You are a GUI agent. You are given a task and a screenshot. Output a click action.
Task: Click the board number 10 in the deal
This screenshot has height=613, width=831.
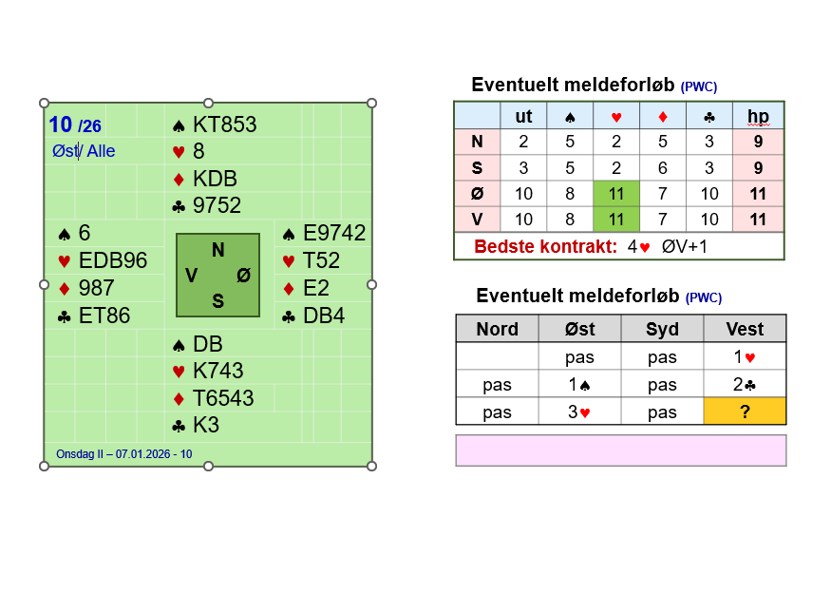coord(61,125)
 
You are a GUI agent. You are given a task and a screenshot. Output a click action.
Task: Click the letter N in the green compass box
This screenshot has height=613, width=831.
coord(218,251)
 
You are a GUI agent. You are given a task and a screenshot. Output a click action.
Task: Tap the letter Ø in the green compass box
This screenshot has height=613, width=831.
coord(244,276)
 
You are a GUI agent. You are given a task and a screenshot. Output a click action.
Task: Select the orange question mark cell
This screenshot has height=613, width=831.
coord(745,412)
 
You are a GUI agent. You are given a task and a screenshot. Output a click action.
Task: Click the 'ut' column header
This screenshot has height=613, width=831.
coord(523,116)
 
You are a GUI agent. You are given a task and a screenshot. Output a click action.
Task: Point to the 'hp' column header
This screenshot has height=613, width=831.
coord(758,116)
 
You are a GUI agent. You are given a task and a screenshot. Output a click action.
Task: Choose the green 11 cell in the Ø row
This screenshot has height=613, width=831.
coord(616,194)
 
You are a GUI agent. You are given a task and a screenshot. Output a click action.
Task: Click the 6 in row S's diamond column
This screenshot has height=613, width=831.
coord(662,168)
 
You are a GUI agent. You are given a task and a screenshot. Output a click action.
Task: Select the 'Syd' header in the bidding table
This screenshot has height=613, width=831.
coord(662,329)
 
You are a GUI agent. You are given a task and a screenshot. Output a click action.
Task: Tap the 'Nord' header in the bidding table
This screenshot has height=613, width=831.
coord(497,329)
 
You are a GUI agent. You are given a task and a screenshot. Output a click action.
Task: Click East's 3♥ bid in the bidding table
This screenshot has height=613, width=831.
coord(579,412)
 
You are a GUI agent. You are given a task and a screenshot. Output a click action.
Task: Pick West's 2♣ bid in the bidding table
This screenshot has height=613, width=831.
coord(745,384)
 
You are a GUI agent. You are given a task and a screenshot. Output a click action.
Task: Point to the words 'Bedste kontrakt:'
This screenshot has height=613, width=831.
coord(546,246)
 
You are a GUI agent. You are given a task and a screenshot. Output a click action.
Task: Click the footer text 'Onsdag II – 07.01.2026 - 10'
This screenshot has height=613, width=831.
coord(124,454)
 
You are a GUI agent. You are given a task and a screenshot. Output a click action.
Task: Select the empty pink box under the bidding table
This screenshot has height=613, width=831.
coord(621,450)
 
